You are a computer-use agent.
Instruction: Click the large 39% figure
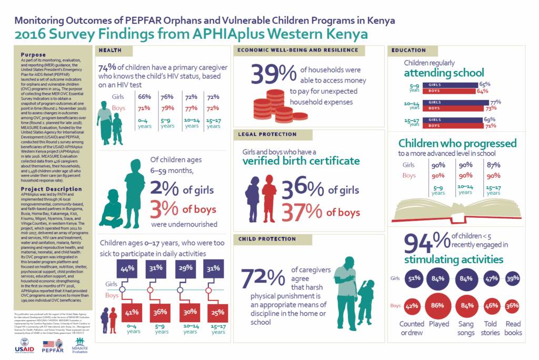[x=274, y=75]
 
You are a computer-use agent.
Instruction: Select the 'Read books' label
[x=513, y=328]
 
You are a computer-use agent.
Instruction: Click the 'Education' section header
[x=408, y=51]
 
